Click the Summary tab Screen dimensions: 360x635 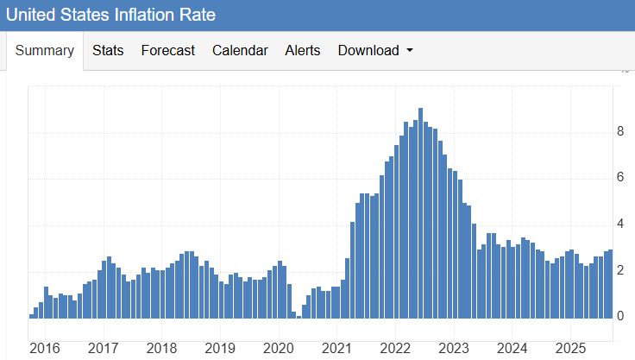pyautogui.click(x=45, y=51)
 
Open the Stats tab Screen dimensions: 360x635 pyautogui.click(x=108, y=51)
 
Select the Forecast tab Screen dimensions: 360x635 pyautogui.click(x=167, y=51)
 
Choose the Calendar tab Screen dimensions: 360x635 pyautogui.click(x=240, y=51)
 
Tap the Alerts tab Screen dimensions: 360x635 pyautogui.click(x=303, y=51)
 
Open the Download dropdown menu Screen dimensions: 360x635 pyautogui.click(x=375, y=51)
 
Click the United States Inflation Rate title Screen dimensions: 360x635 pyautogui.click(x=110, y=15)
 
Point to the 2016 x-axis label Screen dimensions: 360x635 pyautogui.click(x=44, y=348)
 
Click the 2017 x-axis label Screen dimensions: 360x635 pyautogui.click(x=103, y=348)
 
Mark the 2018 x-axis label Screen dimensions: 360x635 pyautogui.click(x=161, y=348)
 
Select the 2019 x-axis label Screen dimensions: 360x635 pyautogui.click(x=220, y=348)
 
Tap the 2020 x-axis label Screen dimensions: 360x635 pyautogui.click(x=278, y=348)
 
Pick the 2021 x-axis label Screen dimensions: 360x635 pyautogui.click(x=336, y=348)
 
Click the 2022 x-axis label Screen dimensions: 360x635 pyautogui.click(x=395, y=348)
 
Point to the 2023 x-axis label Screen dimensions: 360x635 pyautogui.click(x=454, y=348)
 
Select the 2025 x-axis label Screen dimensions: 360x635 pyautogui.click(x=570, y=348)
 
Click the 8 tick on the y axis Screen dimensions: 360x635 pyautogui.click(x=619, y=132)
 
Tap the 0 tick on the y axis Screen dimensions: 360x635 pyautogui.click(x=619, y=317)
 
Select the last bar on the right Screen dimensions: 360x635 pyautogui.click(x=610, y=285)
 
